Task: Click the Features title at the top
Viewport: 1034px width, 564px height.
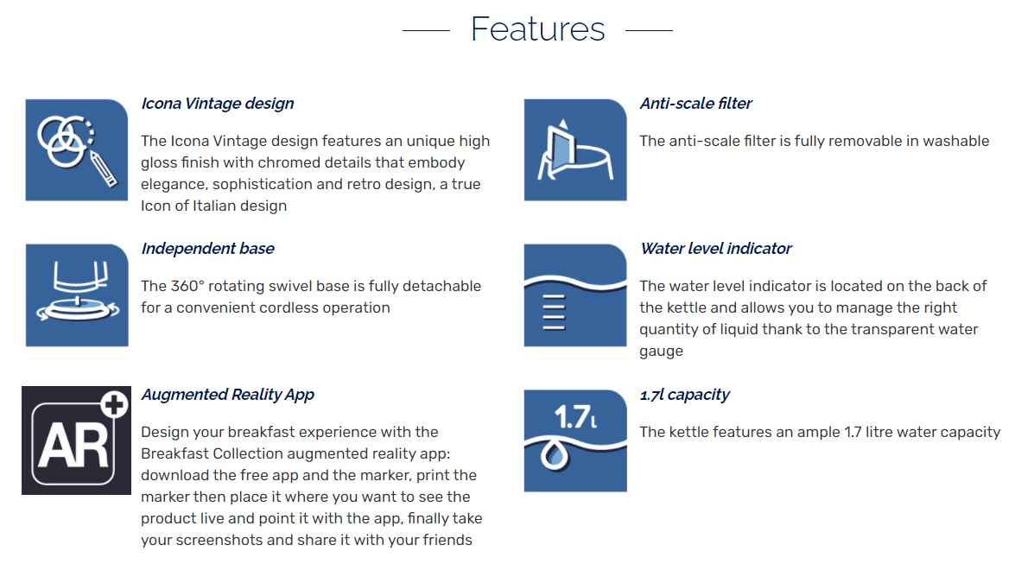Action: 537,29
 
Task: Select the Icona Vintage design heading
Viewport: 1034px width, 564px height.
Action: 217,104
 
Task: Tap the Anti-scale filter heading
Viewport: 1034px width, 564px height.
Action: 695,104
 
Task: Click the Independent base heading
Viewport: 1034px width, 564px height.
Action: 207,249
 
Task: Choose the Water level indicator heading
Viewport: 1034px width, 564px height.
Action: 716,249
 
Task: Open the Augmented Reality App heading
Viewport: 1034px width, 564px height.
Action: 227,395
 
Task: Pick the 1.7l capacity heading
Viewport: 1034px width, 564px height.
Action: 684,395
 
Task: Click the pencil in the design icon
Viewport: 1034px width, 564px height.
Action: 103,168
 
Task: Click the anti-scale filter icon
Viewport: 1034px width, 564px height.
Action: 575,149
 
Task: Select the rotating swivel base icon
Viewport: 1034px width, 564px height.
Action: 77,295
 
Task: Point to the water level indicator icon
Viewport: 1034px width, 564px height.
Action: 575,295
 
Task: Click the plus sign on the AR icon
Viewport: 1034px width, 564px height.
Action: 115,403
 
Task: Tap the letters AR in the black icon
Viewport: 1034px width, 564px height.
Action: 73,445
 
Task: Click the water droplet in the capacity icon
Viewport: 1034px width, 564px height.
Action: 554,455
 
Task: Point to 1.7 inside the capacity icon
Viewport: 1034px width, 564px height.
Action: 573,417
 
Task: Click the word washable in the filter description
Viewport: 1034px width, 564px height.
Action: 956,141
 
